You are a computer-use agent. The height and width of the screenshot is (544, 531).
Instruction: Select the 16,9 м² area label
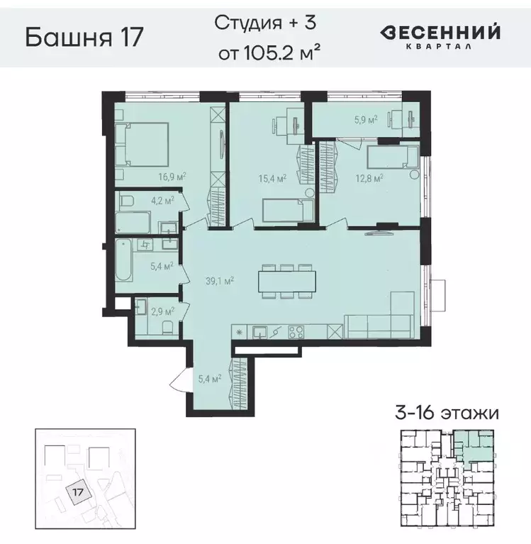click(172, 177)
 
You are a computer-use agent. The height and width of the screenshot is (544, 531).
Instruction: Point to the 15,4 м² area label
click(272, 178)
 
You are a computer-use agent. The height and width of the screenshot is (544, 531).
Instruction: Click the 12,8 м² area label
click(369, 177)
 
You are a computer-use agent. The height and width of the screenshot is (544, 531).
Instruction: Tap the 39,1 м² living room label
click(220, 281)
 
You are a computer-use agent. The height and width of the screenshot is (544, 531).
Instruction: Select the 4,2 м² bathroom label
click(162, 201)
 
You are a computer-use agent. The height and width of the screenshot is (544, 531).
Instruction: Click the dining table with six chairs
click(286, 280)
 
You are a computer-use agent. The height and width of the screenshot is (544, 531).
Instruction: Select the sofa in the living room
click(379, 326)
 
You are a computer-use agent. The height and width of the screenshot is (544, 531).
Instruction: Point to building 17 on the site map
click(79, 489)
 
